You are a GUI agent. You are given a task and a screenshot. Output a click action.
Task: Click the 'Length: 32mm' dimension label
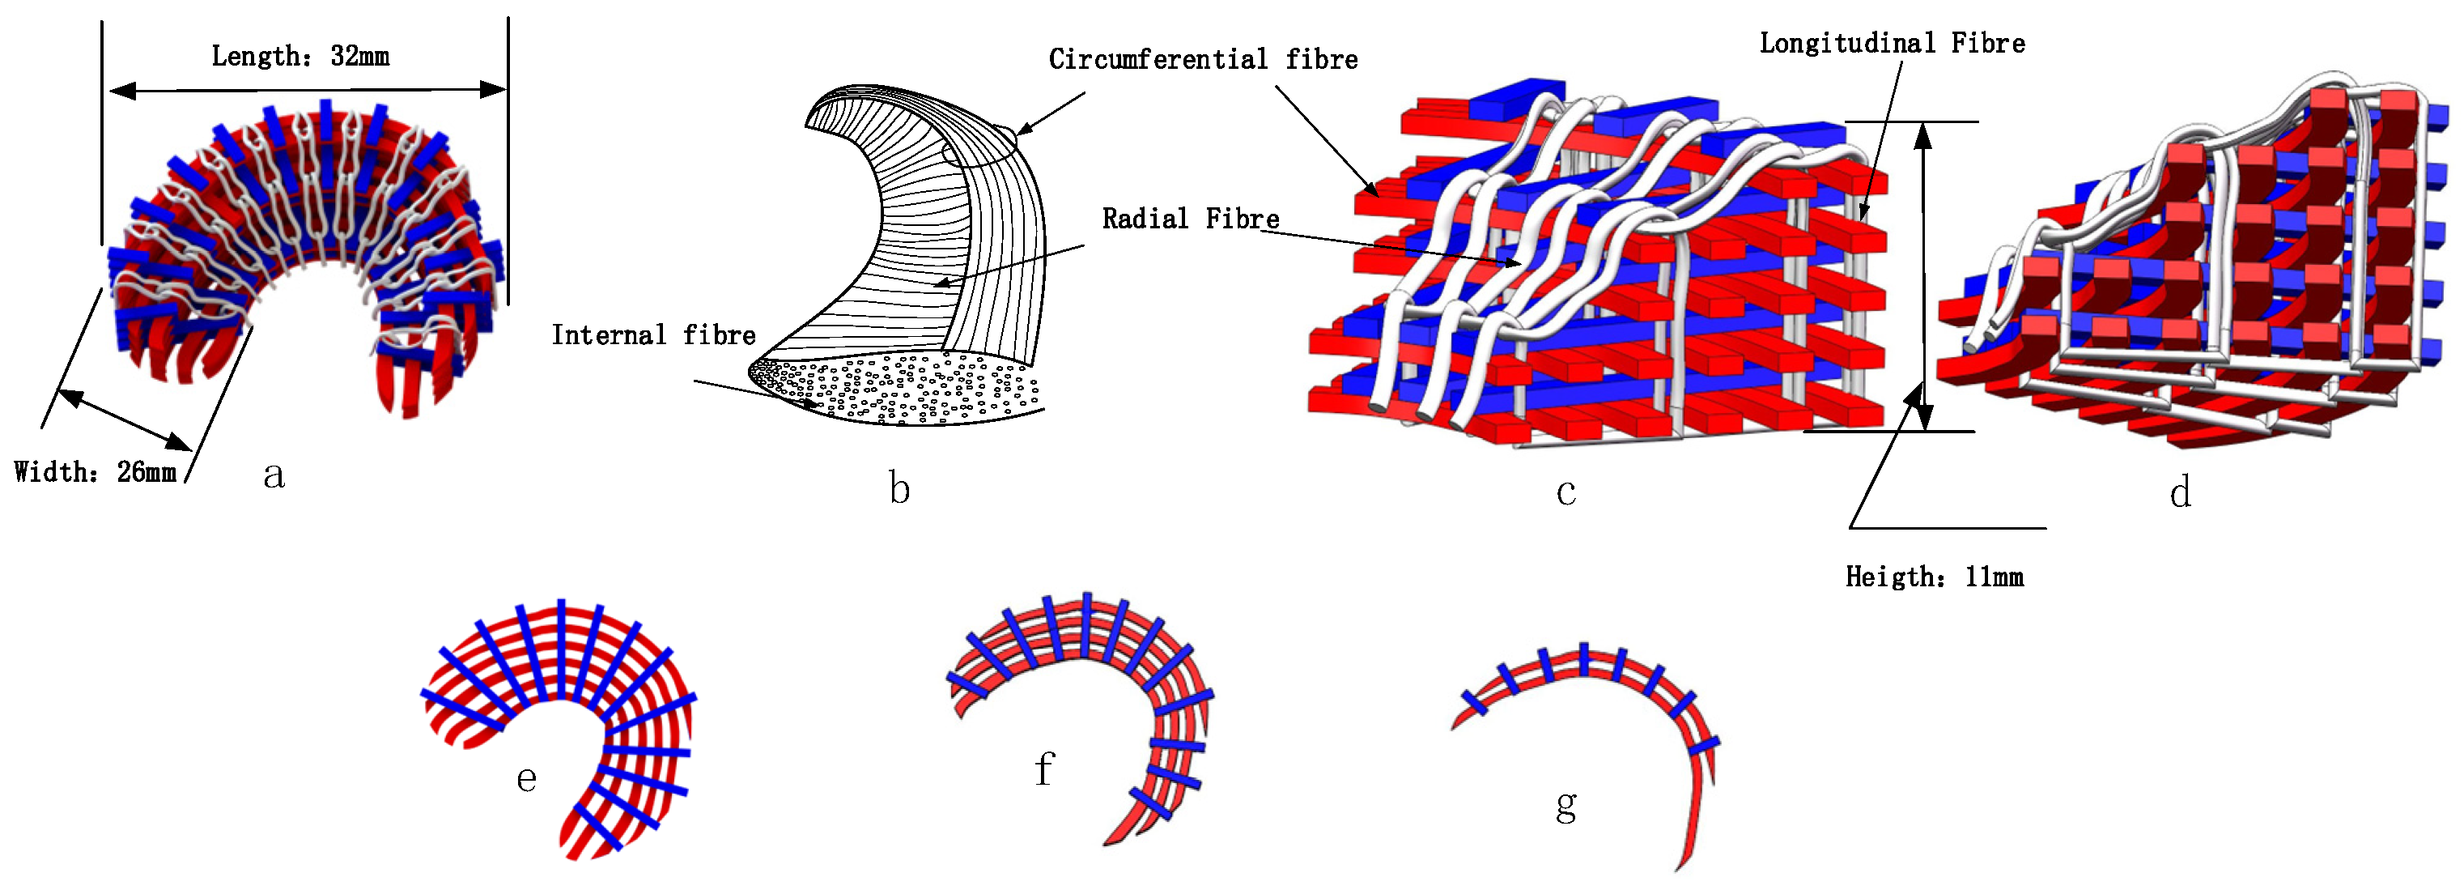click(300, 57)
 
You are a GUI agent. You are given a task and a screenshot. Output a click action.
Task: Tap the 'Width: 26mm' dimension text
click(95, 472)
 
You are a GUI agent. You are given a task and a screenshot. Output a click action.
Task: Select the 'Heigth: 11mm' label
click(1934, 577)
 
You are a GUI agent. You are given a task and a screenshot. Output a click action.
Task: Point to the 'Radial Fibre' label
click(1190, 219)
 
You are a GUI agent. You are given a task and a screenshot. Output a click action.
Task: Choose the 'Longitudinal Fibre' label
click(1892, 43)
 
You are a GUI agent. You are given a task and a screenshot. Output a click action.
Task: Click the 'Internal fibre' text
click(653, 335)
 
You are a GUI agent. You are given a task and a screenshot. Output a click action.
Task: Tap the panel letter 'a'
click(274, 475)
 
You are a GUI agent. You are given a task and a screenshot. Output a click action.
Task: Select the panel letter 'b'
click(899, 488)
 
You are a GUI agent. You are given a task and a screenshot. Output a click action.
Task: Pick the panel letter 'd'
click(2180, 493)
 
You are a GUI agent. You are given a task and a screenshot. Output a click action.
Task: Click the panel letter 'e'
click(526, 778)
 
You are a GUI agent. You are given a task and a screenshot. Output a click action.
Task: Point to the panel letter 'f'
click(1043, 769)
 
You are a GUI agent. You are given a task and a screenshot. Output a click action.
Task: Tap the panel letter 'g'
click(1565, 806)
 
